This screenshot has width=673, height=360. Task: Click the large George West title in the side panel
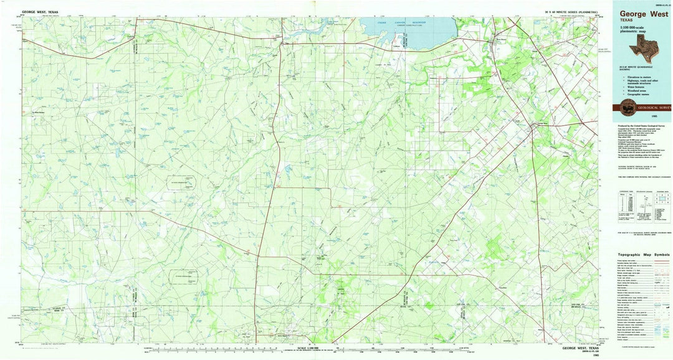(643, 13)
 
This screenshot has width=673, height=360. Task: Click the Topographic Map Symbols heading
(644, 255)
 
